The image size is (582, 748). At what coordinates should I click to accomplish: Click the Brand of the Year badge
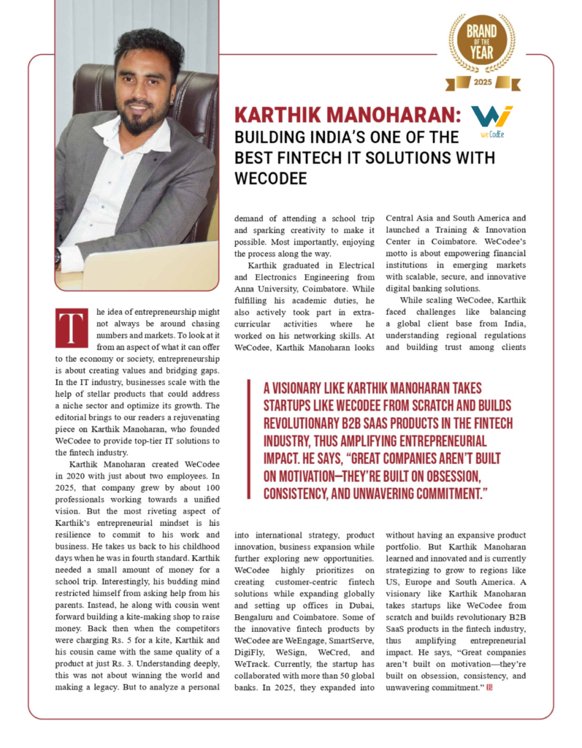481,44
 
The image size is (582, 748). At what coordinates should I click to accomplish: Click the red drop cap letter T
71,327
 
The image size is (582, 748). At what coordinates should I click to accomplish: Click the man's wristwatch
58,256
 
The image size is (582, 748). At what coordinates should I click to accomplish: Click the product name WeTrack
253,665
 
